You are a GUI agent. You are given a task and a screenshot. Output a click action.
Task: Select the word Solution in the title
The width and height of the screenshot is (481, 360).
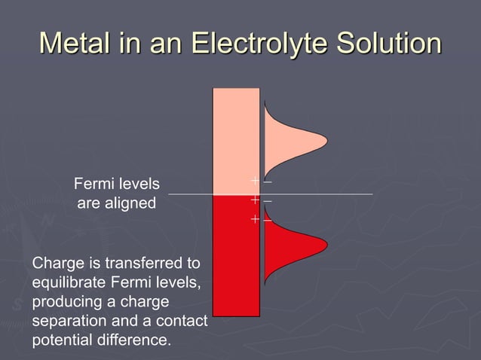click(390, 42)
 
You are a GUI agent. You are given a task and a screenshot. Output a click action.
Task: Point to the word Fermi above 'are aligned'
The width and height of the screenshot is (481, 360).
click(94, 183)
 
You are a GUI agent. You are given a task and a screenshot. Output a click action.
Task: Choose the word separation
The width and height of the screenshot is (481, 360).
click(70, 322)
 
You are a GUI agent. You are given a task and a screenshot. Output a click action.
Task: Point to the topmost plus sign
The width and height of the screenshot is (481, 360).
click(256, 182)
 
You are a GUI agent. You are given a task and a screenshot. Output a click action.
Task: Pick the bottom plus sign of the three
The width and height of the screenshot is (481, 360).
click(256, 219)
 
